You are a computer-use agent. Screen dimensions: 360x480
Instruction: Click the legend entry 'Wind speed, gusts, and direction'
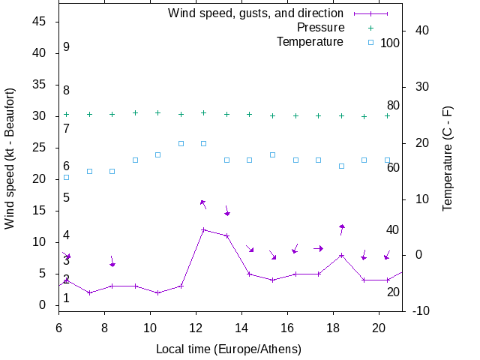[255, 13]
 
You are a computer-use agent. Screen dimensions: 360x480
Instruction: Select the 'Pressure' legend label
[320, 27]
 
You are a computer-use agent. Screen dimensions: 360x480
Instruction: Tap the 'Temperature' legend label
[310, 41]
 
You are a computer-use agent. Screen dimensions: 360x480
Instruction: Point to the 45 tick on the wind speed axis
[40, 22]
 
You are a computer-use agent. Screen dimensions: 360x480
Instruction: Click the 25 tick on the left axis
[40, 148]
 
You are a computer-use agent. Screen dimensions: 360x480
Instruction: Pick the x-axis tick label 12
[196, 327]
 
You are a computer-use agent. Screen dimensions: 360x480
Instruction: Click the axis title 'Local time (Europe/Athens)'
[228, 349]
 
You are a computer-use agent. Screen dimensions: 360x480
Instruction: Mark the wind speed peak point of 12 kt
[203, 229]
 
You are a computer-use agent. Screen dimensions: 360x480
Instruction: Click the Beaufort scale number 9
[67, 47]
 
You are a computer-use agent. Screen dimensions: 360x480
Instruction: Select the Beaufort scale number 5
[67, 198]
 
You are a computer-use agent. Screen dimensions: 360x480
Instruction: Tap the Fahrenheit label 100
[390, 43]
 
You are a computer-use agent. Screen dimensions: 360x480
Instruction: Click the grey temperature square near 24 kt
[157, 154]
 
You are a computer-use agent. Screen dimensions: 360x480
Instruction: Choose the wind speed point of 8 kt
[341, 255]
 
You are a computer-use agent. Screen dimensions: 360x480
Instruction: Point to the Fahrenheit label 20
[393, 292]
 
